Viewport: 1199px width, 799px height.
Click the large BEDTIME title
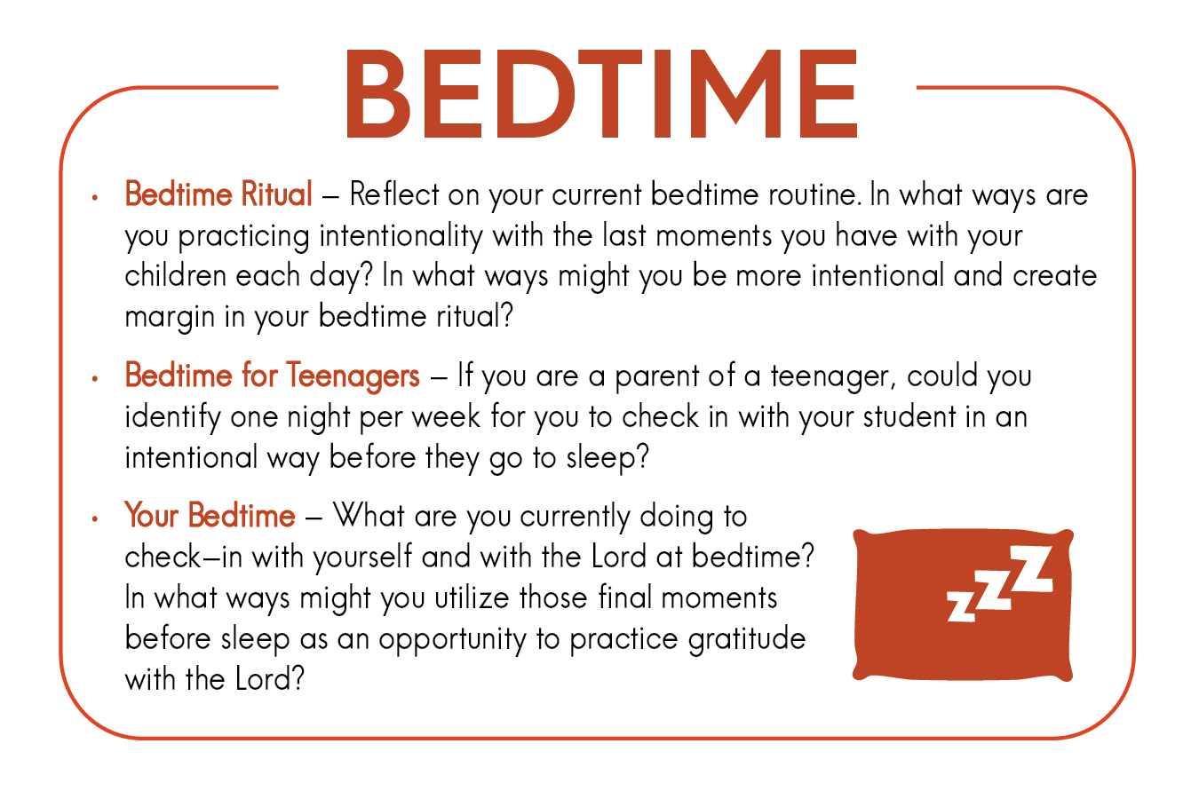tap(602, 94)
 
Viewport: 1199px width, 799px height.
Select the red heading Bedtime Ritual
tap(218, 194)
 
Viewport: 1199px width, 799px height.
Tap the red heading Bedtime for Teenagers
tap(272, 376)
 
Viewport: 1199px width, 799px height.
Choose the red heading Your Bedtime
tap(210, 516)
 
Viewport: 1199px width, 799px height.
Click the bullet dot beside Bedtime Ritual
tap(95, 198)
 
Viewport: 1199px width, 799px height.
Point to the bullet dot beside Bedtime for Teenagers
tap(95, 379)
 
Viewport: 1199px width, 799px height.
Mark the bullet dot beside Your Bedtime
tap(95, 519)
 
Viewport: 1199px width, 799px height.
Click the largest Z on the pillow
tap(1031, 569)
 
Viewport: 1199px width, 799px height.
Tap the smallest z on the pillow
tap(961, 606)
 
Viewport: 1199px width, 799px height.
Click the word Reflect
tap(394, 194)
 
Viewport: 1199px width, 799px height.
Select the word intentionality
tap(401, 236)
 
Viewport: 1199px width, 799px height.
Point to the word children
tap(175, 275)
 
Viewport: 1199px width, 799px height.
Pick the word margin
tap(170, 318)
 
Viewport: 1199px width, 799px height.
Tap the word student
tap(909, 417)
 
